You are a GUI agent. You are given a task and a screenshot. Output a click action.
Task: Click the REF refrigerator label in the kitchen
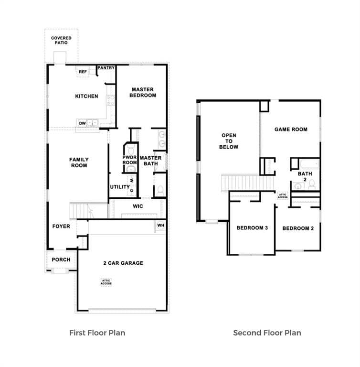point(83,72)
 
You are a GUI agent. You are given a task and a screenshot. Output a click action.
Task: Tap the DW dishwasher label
point(82,123)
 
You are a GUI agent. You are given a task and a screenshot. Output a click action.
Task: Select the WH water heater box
point(160,226)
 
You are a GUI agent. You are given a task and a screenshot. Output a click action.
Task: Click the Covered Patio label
point(61,40)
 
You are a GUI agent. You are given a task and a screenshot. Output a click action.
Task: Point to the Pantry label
point(106,68)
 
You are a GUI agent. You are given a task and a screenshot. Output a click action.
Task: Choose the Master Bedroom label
point(143,92)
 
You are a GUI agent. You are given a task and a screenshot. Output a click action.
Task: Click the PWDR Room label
point(129,160)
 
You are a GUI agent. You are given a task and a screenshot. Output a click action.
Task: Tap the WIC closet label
point(138,206)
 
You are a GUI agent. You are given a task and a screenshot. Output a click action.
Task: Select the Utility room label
point(120,187)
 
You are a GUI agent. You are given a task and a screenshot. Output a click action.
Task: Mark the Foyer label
point(61,227)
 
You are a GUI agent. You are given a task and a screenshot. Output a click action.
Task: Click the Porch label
point(61,259)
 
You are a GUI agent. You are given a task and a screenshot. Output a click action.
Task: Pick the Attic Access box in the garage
point(106,282)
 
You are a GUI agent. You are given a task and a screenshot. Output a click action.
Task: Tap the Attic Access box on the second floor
point(283,195)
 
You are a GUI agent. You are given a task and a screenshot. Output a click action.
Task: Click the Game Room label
point(291,130)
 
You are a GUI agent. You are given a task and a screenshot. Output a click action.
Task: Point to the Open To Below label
point(229,141)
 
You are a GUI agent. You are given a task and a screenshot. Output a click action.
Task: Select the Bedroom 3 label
point(252,228)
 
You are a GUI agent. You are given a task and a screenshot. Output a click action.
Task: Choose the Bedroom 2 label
point(298,228)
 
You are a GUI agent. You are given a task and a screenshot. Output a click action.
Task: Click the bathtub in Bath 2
point(309,164)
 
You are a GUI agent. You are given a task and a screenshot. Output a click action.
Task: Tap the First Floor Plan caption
point(97,333)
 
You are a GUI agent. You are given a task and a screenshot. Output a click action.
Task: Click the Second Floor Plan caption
point(267,333)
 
